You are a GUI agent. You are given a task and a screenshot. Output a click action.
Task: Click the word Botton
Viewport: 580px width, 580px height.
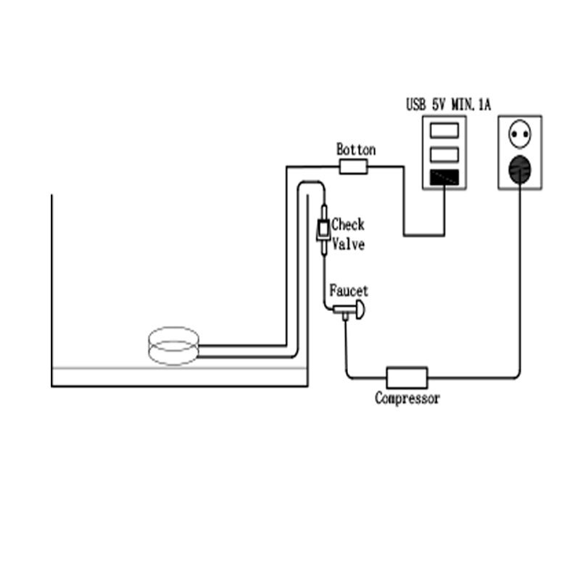click(356, 149)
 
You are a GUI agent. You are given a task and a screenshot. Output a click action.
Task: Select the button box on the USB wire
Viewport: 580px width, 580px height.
click(354, 167)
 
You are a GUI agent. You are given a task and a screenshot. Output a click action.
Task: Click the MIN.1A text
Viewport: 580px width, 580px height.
click(472, 105)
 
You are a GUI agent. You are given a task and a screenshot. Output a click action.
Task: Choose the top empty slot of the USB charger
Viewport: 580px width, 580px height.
click(444, 130)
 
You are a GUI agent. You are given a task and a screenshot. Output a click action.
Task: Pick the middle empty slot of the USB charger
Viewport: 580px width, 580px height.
click(444, 154)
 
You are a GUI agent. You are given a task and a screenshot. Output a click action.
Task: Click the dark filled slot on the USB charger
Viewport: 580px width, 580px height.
click(444, 177)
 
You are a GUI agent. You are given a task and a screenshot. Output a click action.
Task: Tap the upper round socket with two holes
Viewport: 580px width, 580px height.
click(519, 135)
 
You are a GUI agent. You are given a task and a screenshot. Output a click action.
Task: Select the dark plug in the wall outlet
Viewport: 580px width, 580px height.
click(519, 170)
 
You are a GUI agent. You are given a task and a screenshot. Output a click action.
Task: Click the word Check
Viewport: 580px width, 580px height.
click(348, 225)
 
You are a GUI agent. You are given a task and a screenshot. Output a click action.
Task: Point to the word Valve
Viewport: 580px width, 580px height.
click(348, 244)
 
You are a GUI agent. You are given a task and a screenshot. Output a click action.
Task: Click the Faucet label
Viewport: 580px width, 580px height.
click(349, 291)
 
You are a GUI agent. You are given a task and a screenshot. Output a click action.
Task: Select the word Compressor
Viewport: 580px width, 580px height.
click(407, 398)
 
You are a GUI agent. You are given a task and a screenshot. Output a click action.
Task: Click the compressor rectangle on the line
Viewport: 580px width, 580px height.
click(407, 377)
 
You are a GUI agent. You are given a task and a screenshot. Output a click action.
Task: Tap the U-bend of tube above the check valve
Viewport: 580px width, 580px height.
click(310, 186)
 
